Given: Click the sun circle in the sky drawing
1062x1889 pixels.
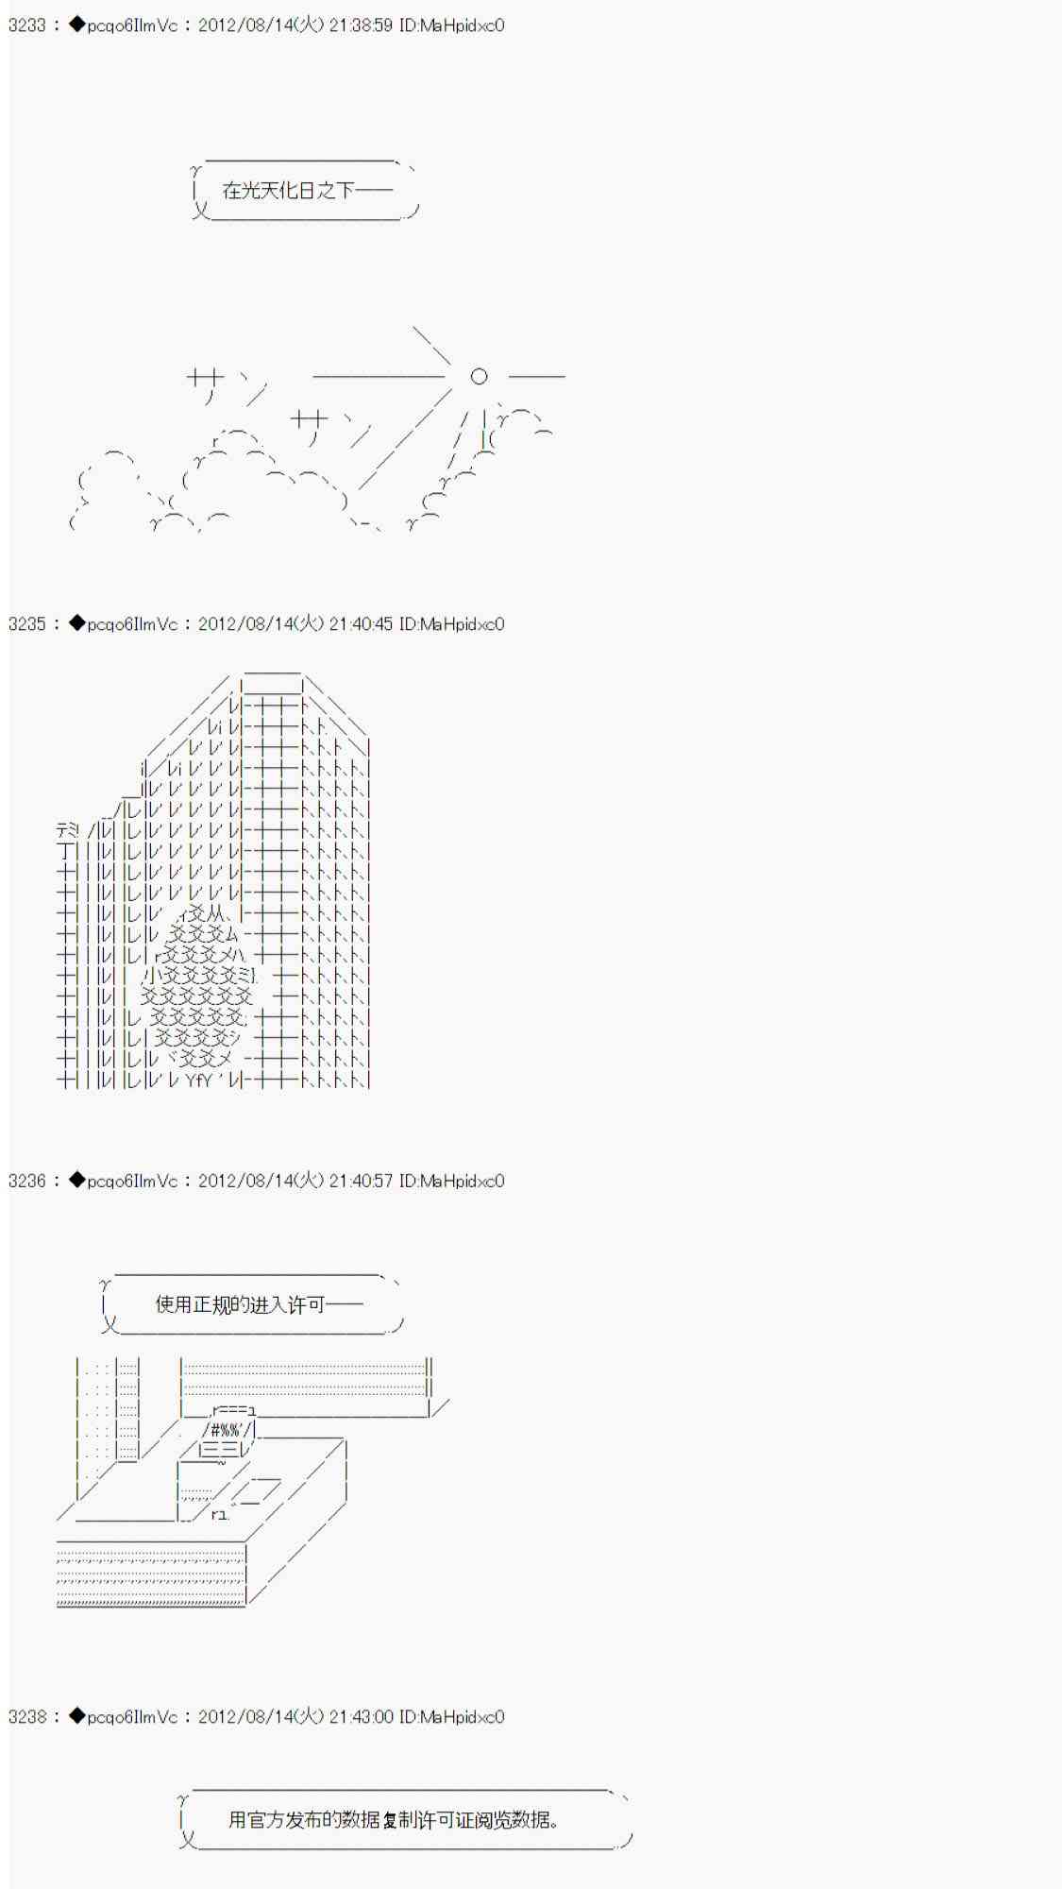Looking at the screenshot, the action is (479, 376).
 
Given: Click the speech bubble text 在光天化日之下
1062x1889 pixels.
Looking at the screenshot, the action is (287, 191).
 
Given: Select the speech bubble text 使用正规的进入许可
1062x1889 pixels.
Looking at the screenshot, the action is (240, 1304).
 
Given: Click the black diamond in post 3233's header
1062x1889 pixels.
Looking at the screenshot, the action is (77, 26).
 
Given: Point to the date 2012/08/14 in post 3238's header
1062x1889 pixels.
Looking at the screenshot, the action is (242, 1716).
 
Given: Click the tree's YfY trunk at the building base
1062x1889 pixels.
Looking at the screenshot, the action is (198, 1080).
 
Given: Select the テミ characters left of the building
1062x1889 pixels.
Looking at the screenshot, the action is (69, 831).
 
